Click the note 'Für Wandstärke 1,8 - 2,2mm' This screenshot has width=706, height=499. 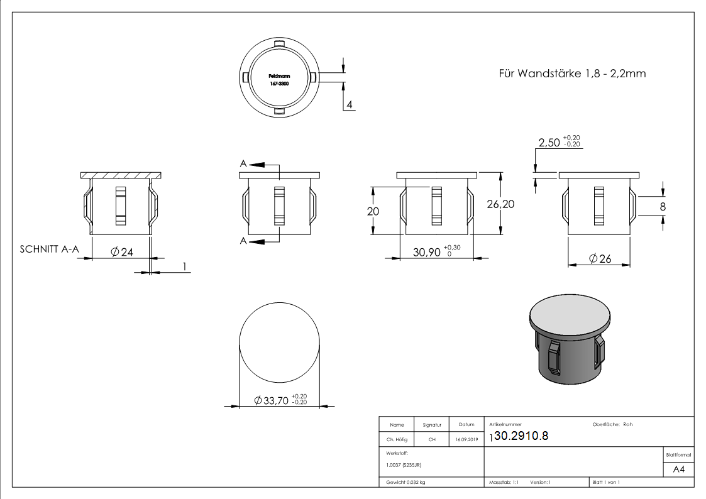[x=571, y=74]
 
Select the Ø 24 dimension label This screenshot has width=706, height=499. [x=122, y=252]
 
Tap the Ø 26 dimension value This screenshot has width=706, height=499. [x=600, y=258]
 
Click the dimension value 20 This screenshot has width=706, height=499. [x=373, y=212]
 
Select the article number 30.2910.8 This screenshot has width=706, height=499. [x=522, y=437]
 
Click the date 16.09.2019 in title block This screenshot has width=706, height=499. [x=466, y=440]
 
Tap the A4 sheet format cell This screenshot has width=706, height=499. [x=678, y=470]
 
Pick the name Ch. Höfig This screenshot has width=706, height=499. [x=396, y=440]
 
